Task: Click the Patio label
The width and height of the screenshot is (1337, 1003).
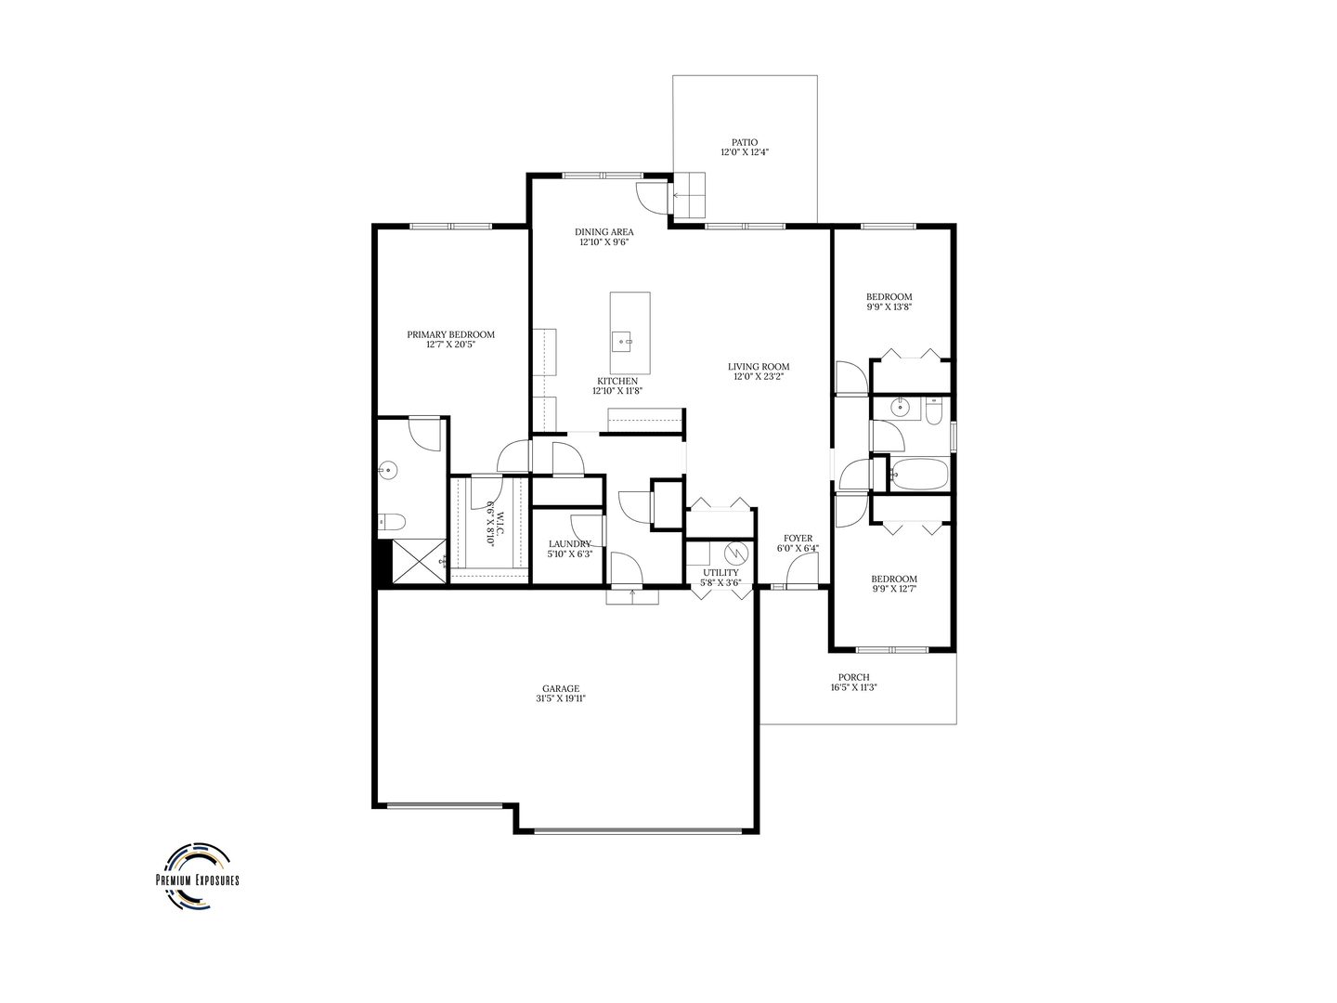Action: pos(744,142)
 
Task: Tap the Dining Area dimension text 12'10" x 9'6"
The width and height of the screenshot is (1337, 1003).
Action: pos(604,242)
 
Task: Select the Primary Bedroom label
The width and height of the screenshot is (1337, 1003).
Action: pos(450,334)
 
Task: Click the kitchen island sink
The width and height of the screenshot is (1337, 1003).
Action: pos(623,341)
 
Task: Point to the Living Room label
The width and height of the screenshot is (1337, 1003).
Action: pos(758,367)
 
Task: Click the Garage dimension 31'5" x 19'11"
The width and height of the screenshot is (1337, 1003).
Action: pos(562,699)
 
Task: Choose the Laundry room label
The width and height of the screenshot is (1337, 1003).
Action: pos(569,544)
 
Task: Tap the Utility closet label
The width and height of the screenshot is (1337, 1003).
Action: pos(720,573)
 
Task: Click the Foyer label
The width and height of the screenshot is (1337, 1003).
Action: pos(798,538)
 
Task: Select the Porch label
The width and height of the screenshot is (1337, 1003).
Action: pos(853,677)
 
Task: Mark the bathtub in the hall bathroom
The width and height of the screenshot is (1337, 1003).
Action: pos(918,475)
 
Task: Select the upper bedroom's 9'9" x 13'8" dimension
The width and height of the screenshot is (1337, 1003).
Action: pos(889,306)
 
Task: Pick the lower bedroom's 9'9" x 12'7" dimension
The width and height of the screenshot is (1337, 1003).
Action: pos(894,588)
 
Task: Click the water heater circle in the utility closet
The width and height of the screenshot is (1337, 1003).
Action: pos(737,553)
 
